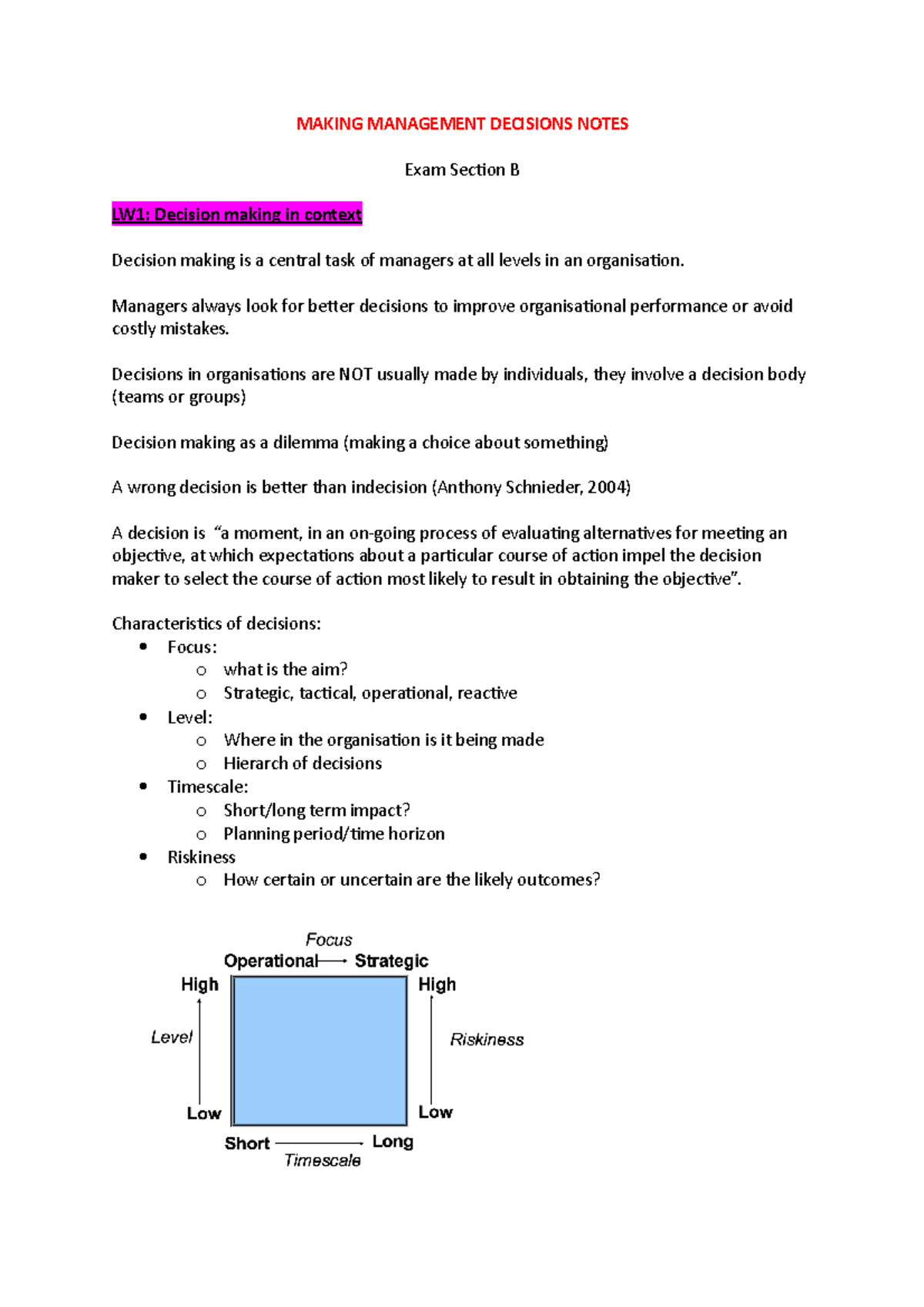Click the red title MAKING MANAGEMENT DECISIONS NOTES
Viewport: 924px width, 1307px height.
click(462, 124)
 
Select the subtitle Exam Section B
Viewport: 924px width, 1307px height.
click(462, 170)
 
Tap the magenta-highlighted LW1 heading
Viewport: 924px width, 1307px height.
click(236, 215)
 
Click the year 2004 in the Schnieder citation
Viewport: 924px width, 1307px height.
click(608, 487)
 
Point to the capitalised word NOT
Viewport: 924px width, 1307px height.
click(355, 375)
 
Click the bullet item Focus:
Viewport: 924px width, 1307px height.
click(192, 647)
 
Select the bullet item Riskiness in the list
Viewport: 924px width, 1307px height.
click(201, 857)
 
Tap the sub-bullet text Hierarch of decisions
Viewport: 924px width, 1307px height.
click(302, 764)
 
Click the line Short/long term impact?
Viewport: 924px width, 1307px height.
click(316, 811)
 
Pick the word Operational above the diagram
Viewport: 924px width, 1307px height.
click(270, 961)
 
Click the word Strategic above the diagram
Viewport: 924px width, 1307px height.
click(391, 961)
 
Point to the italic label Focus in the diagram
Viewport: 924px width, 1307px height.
click(329, 940)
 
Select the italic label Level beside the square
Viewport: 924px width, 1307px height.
click(171, 1038)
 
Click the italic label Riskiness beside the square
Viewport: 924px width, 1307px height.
click(487, 1040)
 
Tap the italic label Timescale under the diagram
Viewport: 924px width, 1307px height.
click(322, 1161)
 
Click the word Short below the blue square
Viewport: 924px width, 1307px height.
click(246, 1144)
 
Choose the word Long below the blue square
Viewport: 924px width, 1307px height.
click(393, 1142)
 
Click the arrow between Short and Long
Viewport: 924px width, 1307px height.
click(320, 1144)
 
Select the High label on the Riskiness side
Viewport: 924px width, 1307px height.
click(437, 985)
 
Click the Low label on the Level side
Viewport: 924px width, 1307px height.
click(203, 1114)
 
